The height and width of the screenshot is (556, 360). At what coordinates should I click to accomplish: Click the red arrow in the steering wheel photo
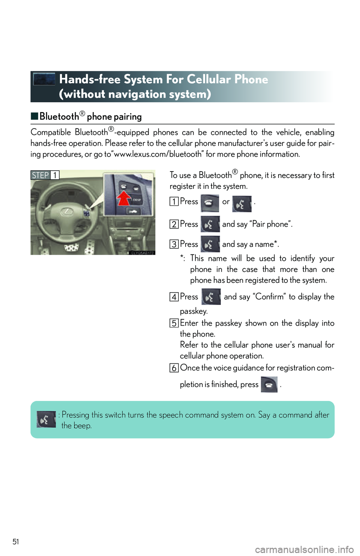point(124,198)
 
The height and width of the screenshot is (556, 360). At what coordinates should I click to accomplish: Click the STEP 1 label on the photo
point(45,175)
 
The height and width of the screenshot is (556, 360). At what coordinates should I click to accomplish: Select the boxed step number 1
point(174,202)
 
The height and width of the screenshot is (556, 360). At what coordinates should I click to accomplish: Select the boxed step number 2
point(174,224)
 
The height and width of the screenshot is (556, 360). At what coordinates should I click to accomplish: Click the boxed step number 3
point(174,244)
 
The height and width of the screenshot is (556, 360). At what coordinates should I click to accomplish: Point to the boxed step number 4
point(174,297)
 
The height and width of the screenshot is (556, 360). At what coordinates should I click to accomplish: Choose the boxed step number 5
point(174,323)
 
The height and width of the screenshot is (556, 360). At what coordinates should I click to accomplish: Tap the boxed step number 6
point(174,368)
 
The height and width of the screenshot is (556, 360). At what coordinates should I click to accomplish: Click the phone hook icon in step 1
point(210,203)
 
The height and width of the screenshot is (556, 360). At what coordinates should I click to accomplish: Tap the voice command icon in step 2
point(210,224)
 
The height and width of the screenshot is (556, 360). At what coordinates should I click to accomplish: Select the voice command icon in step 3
point(210,244)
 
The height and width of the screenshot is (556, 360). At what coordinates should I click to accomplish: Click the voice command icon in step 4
point(211,296)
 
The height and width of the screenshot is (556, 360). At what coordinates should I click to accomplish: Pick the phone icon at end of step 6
point(269,384)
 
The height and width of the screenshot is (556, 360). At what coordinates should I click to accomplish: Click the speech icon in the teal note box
point(46,419)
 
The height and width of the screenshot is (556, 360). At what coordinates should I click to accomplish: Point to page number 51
point(16,541)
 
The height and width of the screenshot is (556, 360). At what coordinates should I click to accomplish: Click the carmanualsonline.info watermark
point(304,550)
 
